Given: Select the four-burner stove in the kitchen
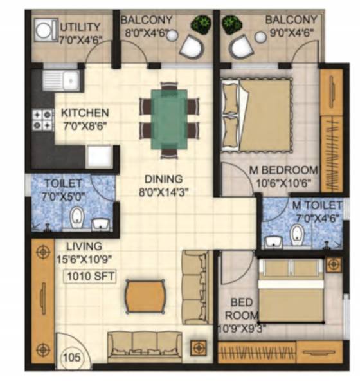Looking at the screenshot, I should point(43,120).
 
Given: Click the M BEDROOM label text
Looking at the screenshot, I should point(283,170).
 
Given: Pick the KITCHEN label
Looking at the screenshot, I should point(84,113).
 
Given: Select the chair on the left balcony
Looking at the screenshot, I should point(191,46).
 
